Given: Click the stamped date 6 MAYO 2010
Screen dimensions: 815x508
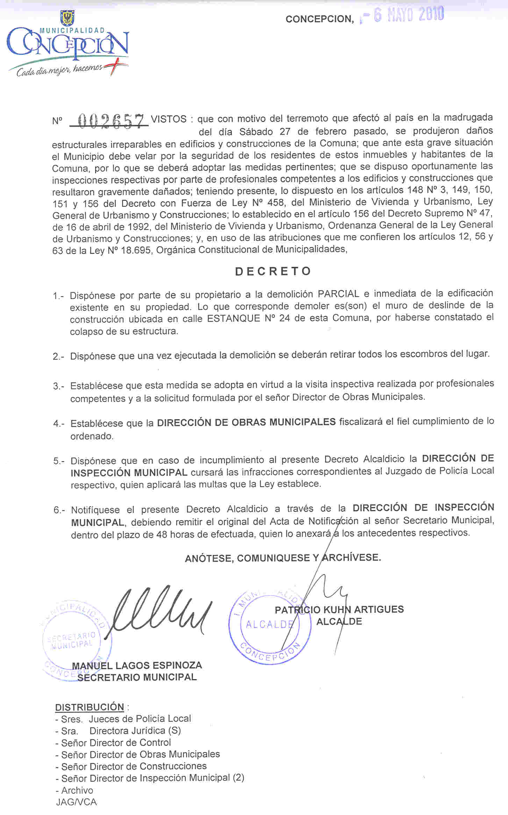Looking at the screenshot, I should [x=407, y=15].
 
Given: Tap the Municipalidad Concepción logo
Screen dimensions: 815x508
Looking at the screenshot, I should [x=68, y=45].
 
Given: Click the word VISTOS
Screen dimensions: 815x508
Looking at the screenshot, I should [x=169, y=119].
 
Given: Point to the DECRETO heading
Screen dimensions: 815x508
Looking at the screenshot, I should [x=273, y=271].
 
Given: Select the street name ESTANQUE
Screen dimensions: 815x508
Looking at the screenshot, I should [x=234, y=319].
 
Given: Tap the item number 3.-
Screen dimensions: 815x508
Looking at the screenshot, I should [x=58, y=386].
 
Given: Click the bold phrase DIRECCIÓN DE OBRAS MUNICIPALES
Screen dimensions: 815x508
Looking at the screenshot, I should [x=246, y=422].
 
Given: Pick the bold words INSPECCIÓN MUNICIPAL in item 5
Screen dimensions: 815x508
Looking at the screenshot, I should [x=129, y=473].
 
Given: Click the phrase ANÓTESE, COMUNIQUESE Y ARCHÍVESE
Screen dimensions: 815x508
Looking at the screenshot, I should [x=283, y=558].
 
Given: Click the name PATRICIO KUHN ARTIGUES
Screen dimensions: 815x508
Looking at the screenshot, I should [x=339, y=610].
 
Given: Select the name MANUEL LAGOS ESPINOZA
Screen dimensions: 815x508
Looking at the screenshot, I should [x=137, y=665].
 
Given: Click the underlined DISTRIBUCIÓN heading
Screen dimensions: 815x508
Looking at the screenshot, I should [x=90, y=707].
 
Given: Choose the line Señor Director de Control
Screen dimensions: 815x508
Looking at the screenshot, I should [x=116, y=743].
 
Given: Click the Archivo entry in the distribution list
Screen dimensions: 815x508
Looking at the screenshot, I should [x=77, y=791].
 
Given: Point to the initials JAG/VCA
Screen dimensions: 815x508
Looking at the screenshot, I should [x=76, y=802].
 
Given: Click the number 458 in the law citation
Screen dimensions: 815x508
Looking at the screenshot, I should [x=275, y=203].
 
